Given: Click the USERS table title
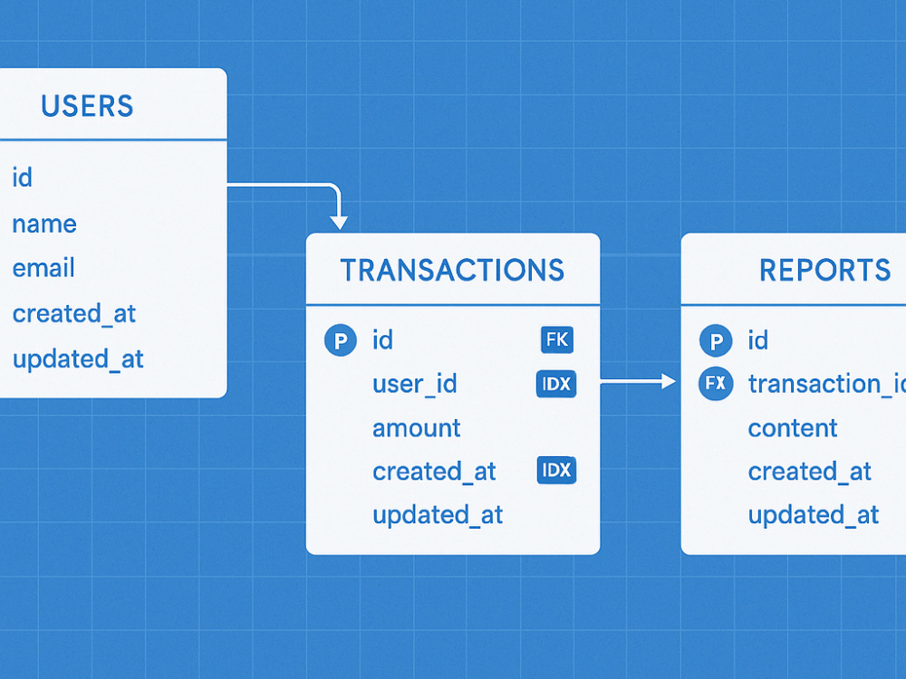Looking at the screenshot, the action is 87,106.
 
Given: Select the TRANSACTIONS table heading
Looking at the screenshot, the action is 452,270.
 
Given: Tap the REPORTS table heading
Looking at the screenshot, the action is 825,270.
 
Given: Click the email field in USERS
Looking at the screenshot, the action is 43,268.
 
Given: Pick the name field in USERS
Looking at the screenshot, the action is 44,224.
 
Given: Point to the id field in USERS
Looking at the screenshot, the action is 22,177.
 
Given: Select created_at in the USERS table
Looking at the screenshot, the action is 74,313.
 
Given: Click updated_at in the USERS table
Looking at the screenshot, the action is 78,359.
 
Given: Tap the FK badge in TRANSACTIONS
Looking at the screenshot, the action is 557,339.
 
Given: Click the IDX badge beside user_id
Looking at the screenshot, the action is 556,384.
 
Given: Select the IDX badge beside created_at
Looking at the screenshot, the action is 556,470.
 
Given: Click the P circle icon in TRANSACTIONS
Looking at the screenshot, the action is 341,340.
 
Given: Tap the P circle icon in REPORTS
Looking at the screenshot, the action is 716,340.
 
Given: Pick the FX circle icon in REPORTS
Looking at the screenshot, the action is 716,383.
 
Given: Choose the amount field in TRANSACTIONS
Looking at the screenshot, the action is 417,428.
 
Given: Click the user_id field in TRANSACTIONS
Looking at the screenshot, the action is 415,384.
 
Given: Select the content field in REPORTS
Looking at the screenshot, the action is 793,428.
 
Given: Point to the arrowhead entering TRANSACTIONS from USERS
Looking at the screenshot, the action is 339,223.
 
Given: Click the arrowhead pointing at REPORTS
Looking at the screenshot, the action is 669,381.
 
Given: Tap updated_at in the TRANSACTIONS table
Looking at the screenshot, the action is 438,515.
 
